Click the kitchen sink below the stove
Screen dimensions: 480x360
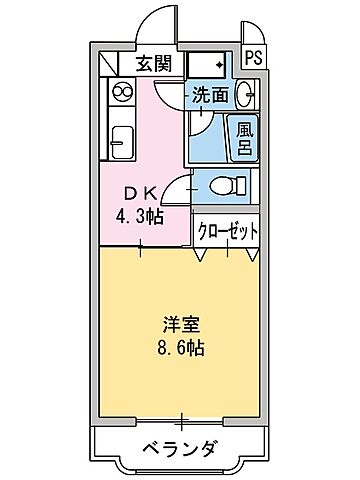(121, 142)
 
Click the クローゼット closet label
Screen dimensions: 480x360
(227, 230)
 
